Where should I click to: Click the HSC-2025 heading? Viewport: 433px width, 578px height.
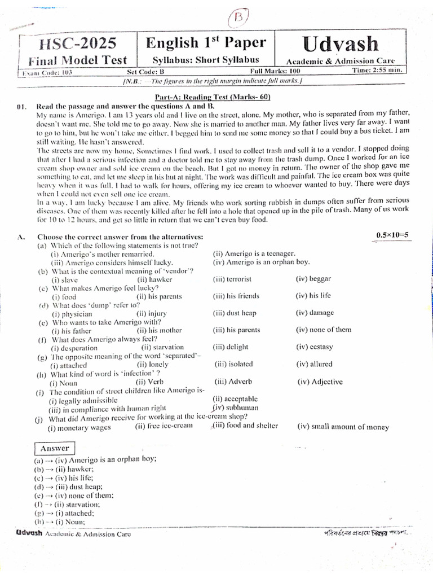77,43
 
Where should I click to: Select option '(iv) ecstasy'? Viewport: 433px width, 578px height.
314,347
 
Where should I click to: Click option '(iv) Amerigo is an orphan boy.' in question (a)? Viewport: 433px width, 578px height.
261,262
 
